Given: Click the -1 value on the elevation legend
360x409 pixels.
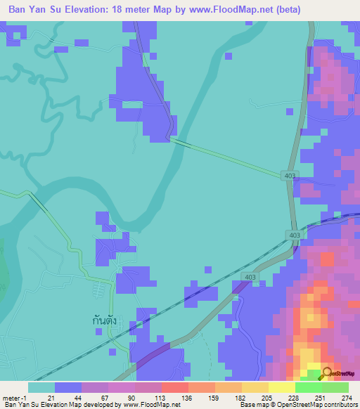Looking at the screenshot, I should coord(24,398).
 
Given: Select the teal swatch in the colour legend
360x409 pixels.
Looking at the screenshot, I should coord(41,387).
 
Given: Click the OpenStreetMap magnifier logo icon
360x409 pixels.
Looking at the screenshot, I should coord(326,374).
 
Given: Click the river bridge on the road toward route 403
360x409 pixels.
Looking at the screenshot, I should coord(182,143).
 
